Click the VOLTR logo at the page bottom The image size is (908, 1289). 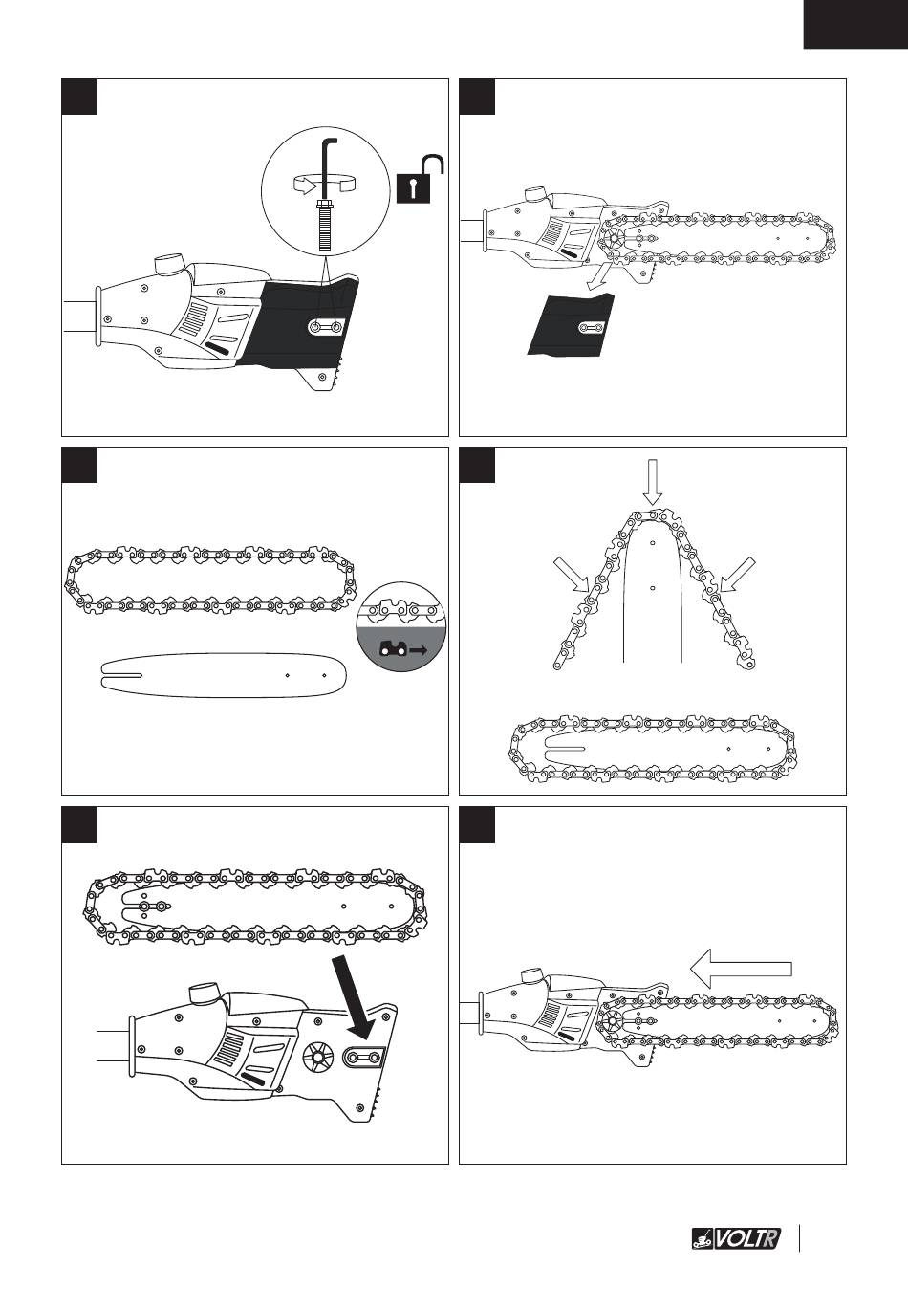coord(735,1239)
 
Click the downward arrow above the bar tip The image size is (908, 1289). coord(652,481)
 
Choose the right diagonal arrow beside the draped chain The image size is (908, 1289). coord(737,577)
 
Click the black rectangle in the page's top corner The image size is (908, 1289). coord(854,24)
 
